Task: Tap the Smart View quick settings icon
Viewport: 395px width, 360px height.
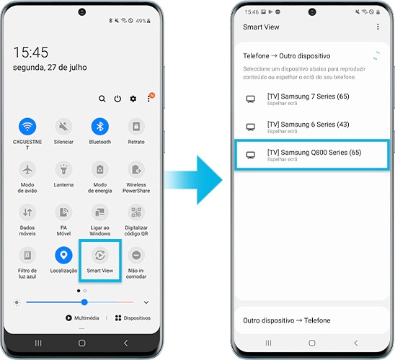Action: (x=100, y=256)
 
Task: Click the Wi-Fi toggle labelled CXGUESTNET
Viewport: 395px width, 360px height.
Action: (x=28, y=127)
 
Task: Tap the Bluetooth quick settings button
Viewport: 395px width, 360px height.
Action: (x=100, y=127)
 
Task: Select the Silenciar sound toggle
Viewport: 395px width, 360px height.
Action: (x=63, y=127)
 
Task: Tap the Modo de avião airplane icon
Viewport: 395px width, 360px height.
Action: (x=28, y=170)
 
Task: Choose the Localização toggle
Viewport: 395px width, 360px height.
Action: (x=63, y=256)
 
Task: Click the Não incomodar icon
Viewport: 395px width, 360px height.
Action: (x=136, y=256)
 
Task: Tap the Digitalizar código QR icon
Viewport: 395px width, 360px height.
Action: (x=136, y=212)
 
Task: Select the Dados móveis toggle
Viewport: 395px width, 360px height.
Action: (x=28, y=212)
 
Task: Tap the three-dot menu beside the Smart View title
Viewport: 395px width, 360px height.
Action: (x=378, y=27)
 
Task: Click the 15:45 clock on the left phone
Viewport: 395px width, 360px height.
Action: (x=31, y=53)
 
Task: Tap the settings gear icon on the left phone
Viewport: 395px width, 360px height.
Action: (x=133, y=99)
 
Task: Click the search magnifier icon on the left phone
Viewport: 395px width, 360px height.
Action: (x=102, y=99)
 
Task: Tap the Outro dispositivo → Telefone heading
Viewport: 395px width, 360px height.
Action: (x=287, y=320)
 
